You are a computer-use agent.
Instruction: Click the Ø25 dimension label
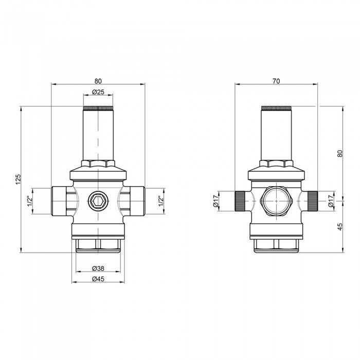click(x=98, y=92)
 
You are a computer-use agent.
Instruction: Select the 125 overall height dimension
click(x=17, y=179)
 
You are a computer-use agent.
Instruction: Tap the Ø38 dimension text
click(x=98, y=268)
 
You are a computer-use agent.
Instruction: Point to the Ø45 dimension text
click(x=98, y=279)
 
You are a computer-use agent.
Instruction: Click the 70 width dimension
click(x=277, y=81)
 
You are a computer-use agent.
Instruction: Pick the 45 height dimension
click(x=339, y=227)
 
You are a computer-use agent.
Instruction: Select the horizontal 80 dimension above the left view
click(x=98, y=81)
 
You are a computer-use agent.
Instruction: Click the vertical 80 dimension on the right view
click(x=339, y=153)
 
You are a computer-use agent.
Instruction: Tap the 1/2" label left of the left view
click(x=30, y=201)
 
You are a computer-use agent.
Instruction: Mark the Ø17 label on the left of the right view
click(x=216, y=201)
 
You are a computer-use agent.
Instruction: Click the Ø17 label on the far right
click(x=331, y=201)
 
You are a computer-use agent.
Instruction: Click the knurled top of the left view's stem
click(x=98, y=109)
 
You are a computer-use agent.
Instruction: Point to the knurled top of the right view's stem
click(x=277, y=109)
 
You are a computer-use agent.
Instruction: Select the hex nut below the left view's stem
click(x=98, y=164)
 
